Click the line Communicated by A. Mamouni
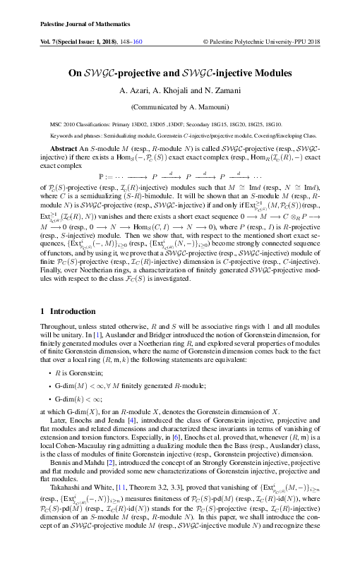coord(179,107)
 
